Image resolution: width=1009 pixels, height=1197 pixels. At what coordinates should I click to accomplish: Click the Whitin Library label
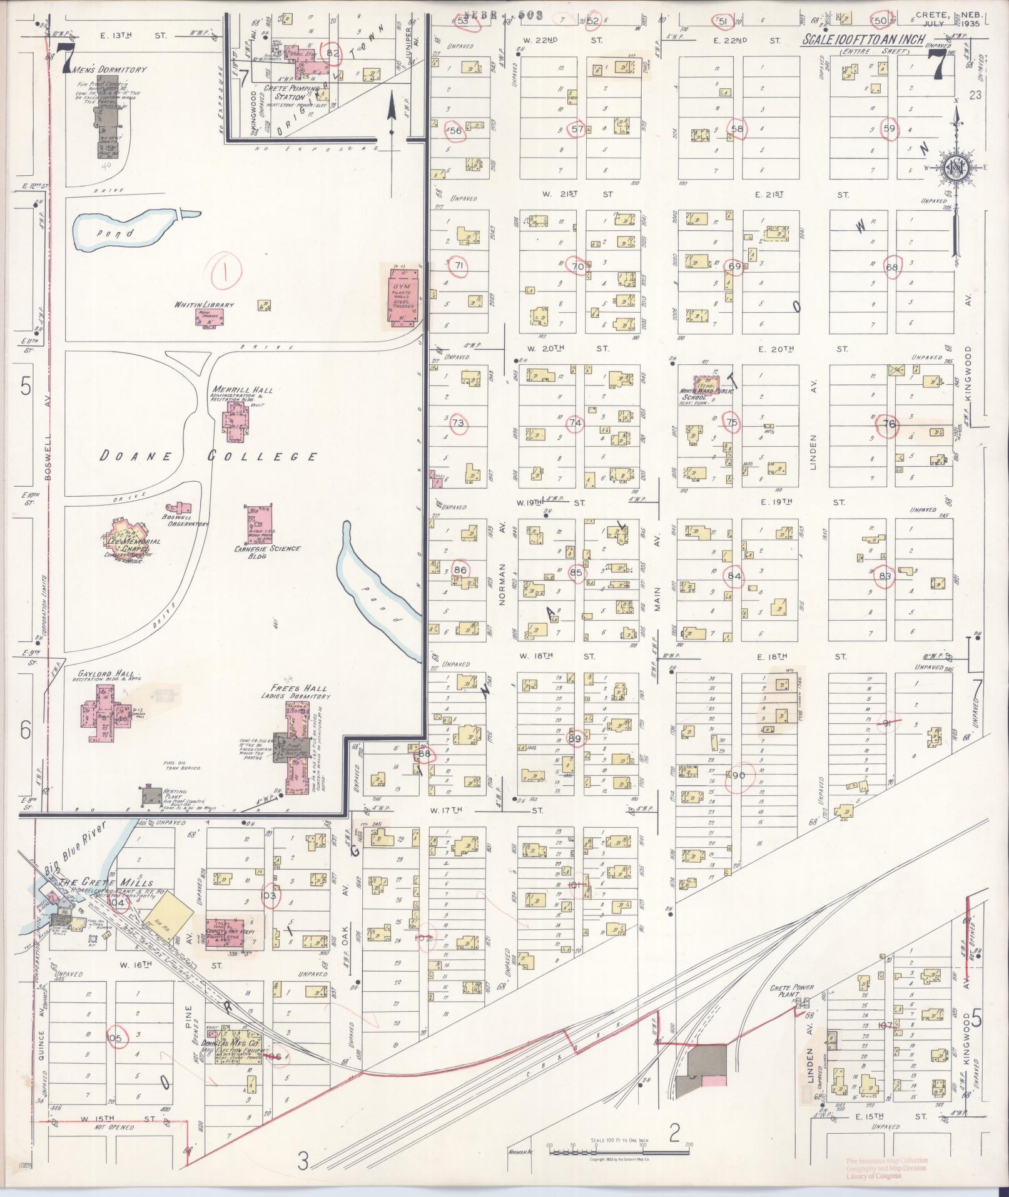[x=196, y=305]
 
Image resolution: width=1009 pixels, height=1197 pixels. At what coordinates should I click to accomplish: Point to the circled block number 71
[x=460, y=266]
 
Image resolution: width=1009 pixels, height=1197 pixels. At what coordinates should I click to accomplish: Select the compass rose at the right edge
[x=956, y=168]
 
